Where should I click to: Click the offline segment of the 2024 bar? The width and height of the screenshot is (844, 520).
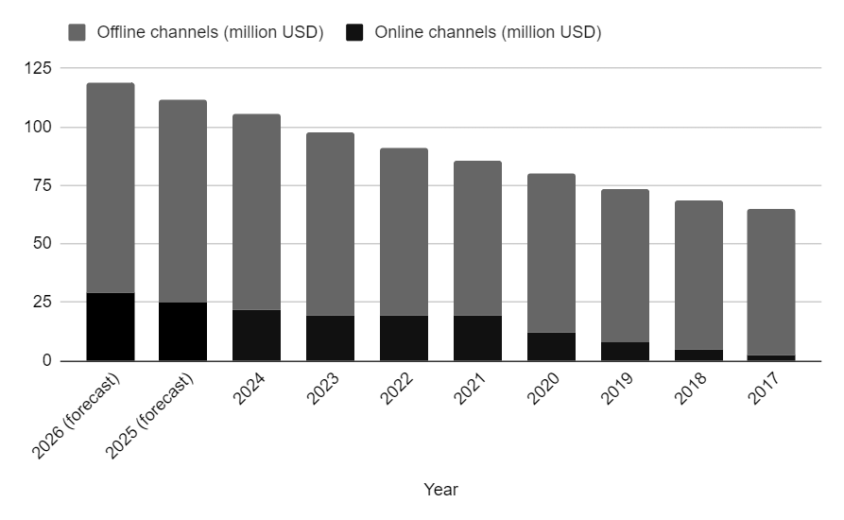pyautogui.click(x=256, y=212)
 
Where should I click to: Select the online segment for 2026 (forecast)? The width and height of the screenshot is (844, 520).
pyautogui.click(x=110, y=326)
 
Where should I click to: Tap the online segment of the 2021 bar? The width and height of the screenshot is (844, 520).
pyautogui.click(x=477, y=338)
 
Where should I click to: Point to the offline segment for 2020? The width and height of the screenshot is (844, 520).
pyautogui.click(x=551, y=252)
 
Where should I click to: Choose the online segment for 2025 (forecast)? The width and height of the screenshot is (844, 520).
pyautogui.click(x=182, y=331)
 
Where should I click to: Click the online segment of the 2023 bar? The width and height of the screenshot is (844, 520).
pyautogui.click(x=330, y=338)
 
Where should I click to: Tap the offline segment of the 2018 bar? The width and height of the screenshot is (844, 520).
pyautogui.click(x=698, y=274)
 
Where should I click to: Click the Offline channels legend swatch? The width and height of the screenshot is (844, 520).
pyautogui.click(x=77, y=32)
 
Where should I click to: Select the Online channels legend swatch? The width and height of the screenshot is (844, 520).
pyautogui.click(x=354, y=32)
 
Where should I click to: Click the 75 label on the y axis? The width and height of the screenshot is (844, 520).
pyautogui.click(x=39, y=185)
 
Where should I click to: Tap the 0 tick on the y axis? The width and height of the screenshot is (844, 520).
pyautogui.click(x=43, y=361)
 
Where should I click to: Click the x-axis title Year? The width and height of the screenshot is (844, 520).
pyautogui.click(x=440, y=490)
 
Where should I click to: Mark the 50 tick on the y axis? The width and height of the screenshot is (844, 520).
pyautogui.click(x=39, y=244)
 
